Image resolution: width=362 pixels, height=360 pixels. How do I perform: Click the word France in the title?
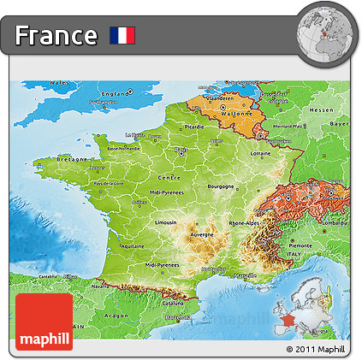pyautogui.click(x=56, y=35)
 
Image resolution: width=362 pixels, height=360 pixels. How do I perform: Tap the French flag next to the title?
pyautogui.click(x=122, y=35)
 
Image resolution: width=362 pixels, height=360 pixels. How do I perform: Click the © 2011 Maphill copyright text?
pyautogui.click(x=316, y=350)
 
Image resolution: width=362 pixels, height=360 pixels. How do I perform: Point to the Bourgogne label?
pyautogui.click(x=221, y=185)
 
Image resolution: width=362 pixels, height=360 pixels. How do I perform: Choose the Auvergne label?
pyautogui.click(x=201, y=233)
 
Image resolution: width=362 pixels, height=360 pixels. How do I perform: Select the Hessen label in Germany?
pyautogui.click(x=321, y=110)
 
